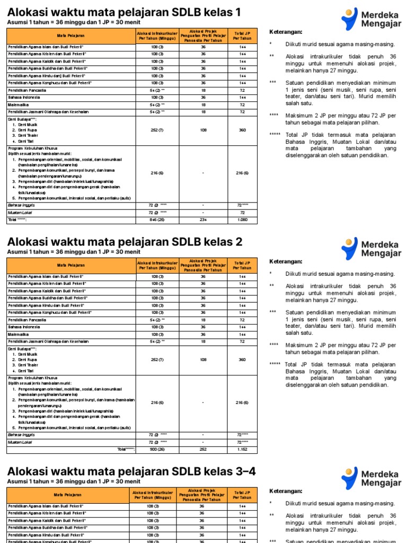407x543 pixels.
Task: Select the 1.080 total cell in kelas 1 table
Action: point(242,219)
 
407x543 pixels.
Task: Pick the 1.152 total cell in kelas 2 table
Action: point(242,449)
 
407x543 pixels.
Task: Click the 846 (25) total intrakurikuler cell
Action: point(157,219)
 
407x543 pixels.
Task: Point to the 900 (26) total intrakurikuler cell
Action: point(157,449)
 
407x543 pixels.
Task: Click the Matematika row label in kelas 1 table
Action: point(19,105)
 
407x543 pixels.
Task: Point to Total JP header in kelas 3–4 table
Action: point(242,495)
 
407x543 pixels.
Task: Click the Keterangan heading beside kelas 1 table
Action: point(287,31)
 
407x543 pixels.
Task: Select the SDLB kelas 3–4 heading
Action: point(131,471)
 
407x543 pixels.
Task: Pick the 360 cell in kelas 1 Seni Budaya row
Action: point(242,130)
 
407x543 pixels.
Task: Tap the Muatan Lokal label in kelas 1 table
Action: point(18,212)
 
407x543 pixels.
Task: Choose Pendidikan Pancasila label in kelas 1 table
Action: point(27,90)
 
